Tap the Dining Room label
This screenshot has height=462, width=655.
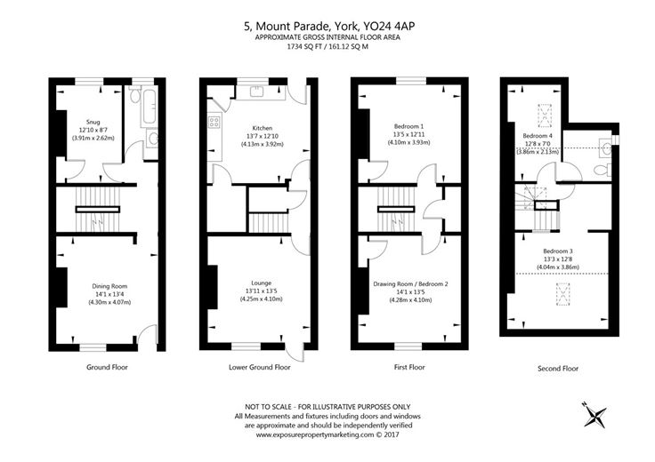(x=110, y=286)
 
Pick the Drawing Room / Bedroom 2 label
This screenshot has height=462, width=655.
(x=410, y=283)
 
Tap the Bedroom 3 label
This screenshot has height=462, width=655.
(x=558, y=251)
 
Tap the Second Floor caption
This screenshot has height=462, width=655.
(x=558, y=368)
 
